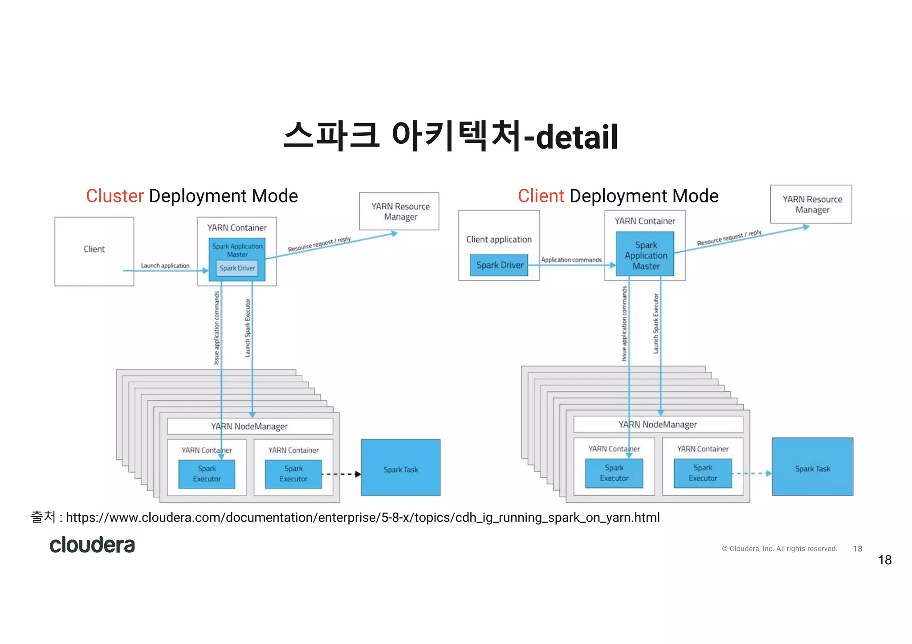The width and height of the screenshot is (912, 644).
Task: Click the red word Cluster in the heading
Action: coord(115,196)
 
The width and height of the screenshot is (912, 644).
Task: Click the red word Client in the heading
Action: coord(541,196)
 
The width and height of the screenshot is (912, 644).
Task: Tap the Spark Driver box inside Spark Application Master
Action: coord(237,268)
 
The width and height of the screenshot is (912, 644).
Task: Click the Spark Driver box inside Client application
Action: coord(499,265)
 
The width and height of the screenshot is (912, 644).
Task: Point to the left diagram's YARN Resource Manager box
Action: coord(399,211)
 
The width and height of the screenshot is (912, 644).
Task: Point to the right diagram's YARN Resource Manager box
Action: coord(811,204)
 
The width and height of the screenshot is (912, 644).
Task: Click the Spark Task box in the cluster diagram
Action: coord(400,468)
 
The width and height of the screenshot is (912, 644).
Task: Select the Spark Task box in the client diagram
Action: coord(812,467)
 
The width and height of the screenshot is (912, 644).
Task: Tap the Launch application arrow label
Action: coord(165,266)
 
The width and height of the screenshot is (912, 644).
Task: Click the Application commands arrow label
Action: coord(571,260)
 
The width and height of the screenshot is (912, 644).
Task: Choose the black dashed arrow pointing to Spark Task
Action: coord(341,474)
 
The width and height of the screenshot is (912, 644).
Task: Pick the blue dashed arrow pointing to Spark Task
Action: coord(751,474)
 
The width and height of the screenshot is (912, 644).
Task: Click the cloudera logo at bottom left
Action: coord(92,545)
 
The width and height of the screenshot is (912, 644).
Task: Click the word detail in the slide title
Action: coord(577,137)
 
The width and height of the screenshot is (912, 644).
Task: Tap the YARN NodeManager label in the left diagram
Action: coord(249,426)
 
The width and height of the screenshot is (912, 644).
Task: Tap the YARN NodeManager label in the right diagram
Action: coord(657,425)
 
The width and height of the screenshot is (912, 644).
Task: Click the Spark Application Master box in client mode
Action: coord(645,255)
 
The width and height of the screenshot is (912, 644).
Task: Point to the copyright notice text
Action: coord(779,549)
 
